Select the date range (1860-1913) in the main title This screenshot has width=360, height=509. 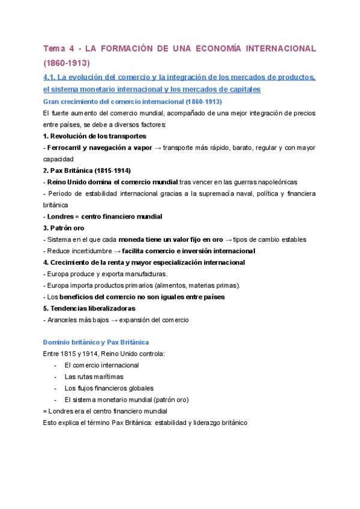tap(66, 62)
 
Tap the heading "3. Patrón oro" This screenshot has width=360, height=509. tap(64, 227)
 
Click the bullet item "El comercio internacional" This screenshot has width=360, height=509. tap(101, 365)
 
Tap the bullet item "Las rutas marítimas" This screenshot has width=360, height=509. tap(94, 376)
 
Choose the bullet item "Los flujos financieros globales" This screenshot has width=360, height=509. tap(109, 388)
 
